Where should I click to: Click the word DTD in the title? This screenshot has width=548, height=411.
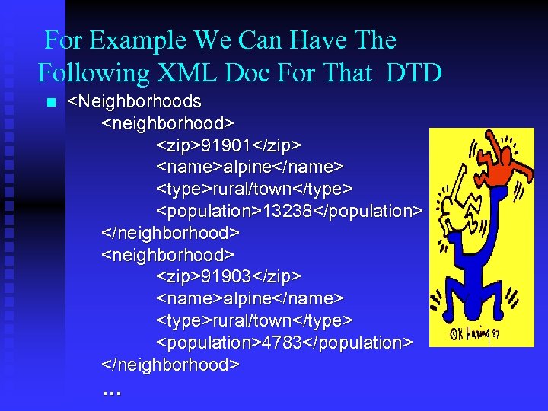tap(414, 73)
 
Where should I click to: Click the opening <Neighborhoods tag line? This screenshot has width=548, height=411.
tap(135, 101)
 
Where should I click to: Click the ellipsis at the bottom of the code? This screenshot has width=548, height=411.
tap(111, 391)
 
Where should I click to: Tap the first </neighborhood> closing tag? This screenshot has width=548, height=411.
tap(170, 232)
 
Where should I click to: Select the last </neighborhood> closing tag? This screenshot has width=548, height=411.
tap(170, 365)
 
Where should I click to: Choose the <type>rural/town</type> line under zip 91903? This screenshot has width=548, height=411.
tap(254, 320)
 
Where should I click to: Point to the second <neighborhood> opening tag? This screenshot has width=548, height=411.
tap(167, 254)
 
